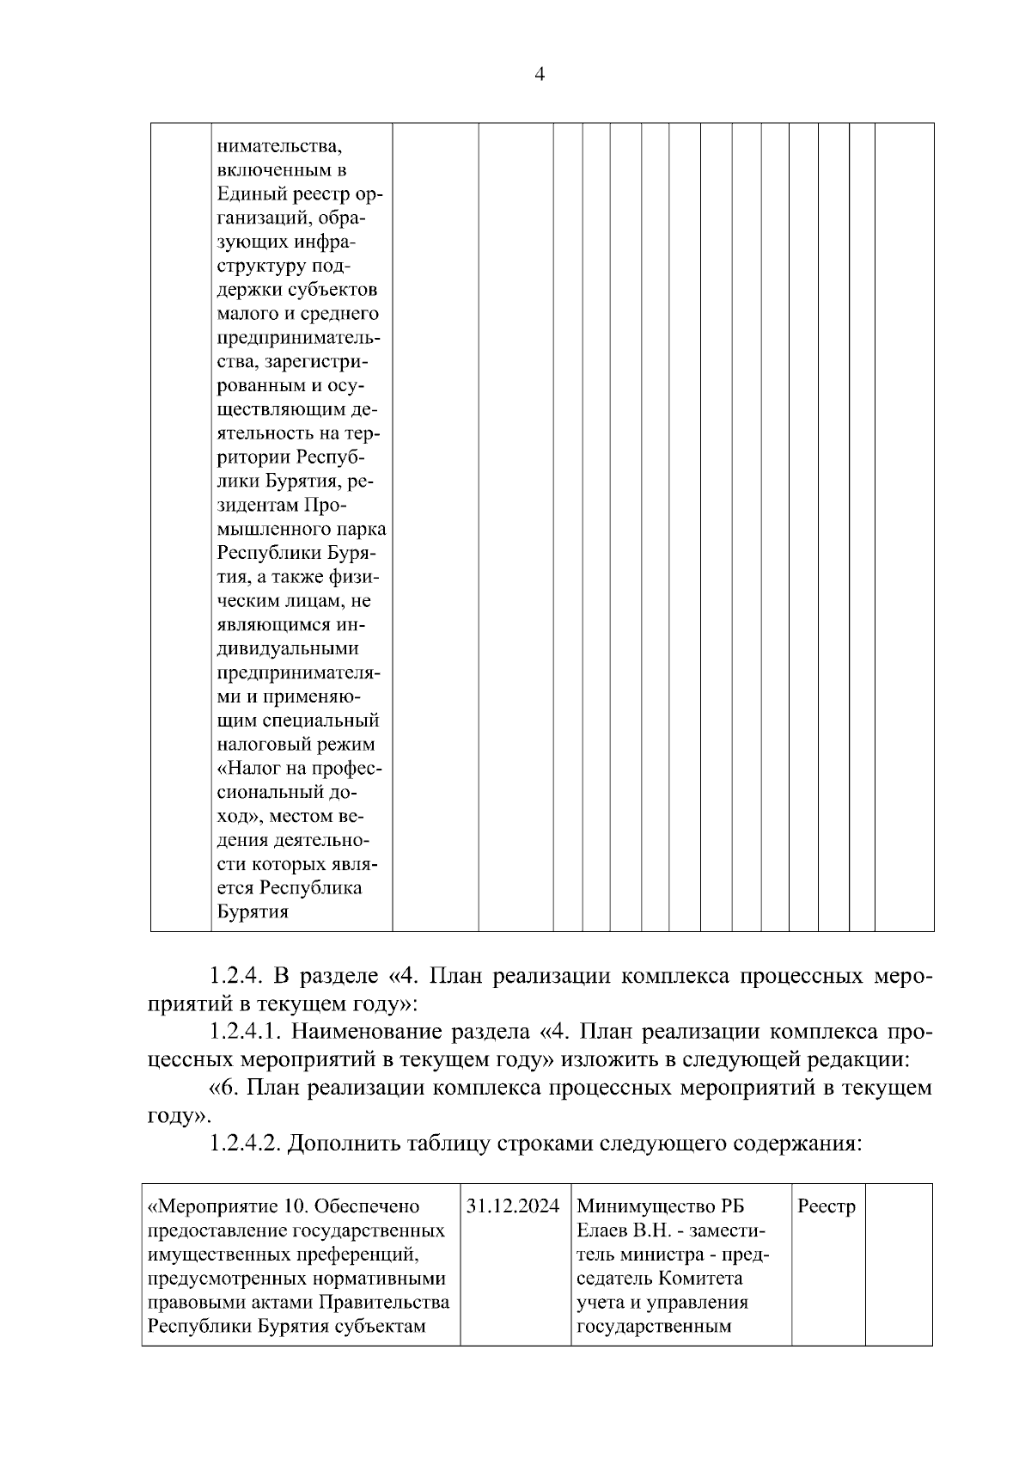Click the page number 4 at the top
coord(539,75)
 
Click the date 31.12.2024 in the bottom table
coord(515,1206)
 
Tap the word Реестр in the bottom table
coord(827,1206)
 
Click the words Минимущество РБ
coord(660,1206)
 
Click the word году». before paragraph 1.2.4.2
coord(179,1116)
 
